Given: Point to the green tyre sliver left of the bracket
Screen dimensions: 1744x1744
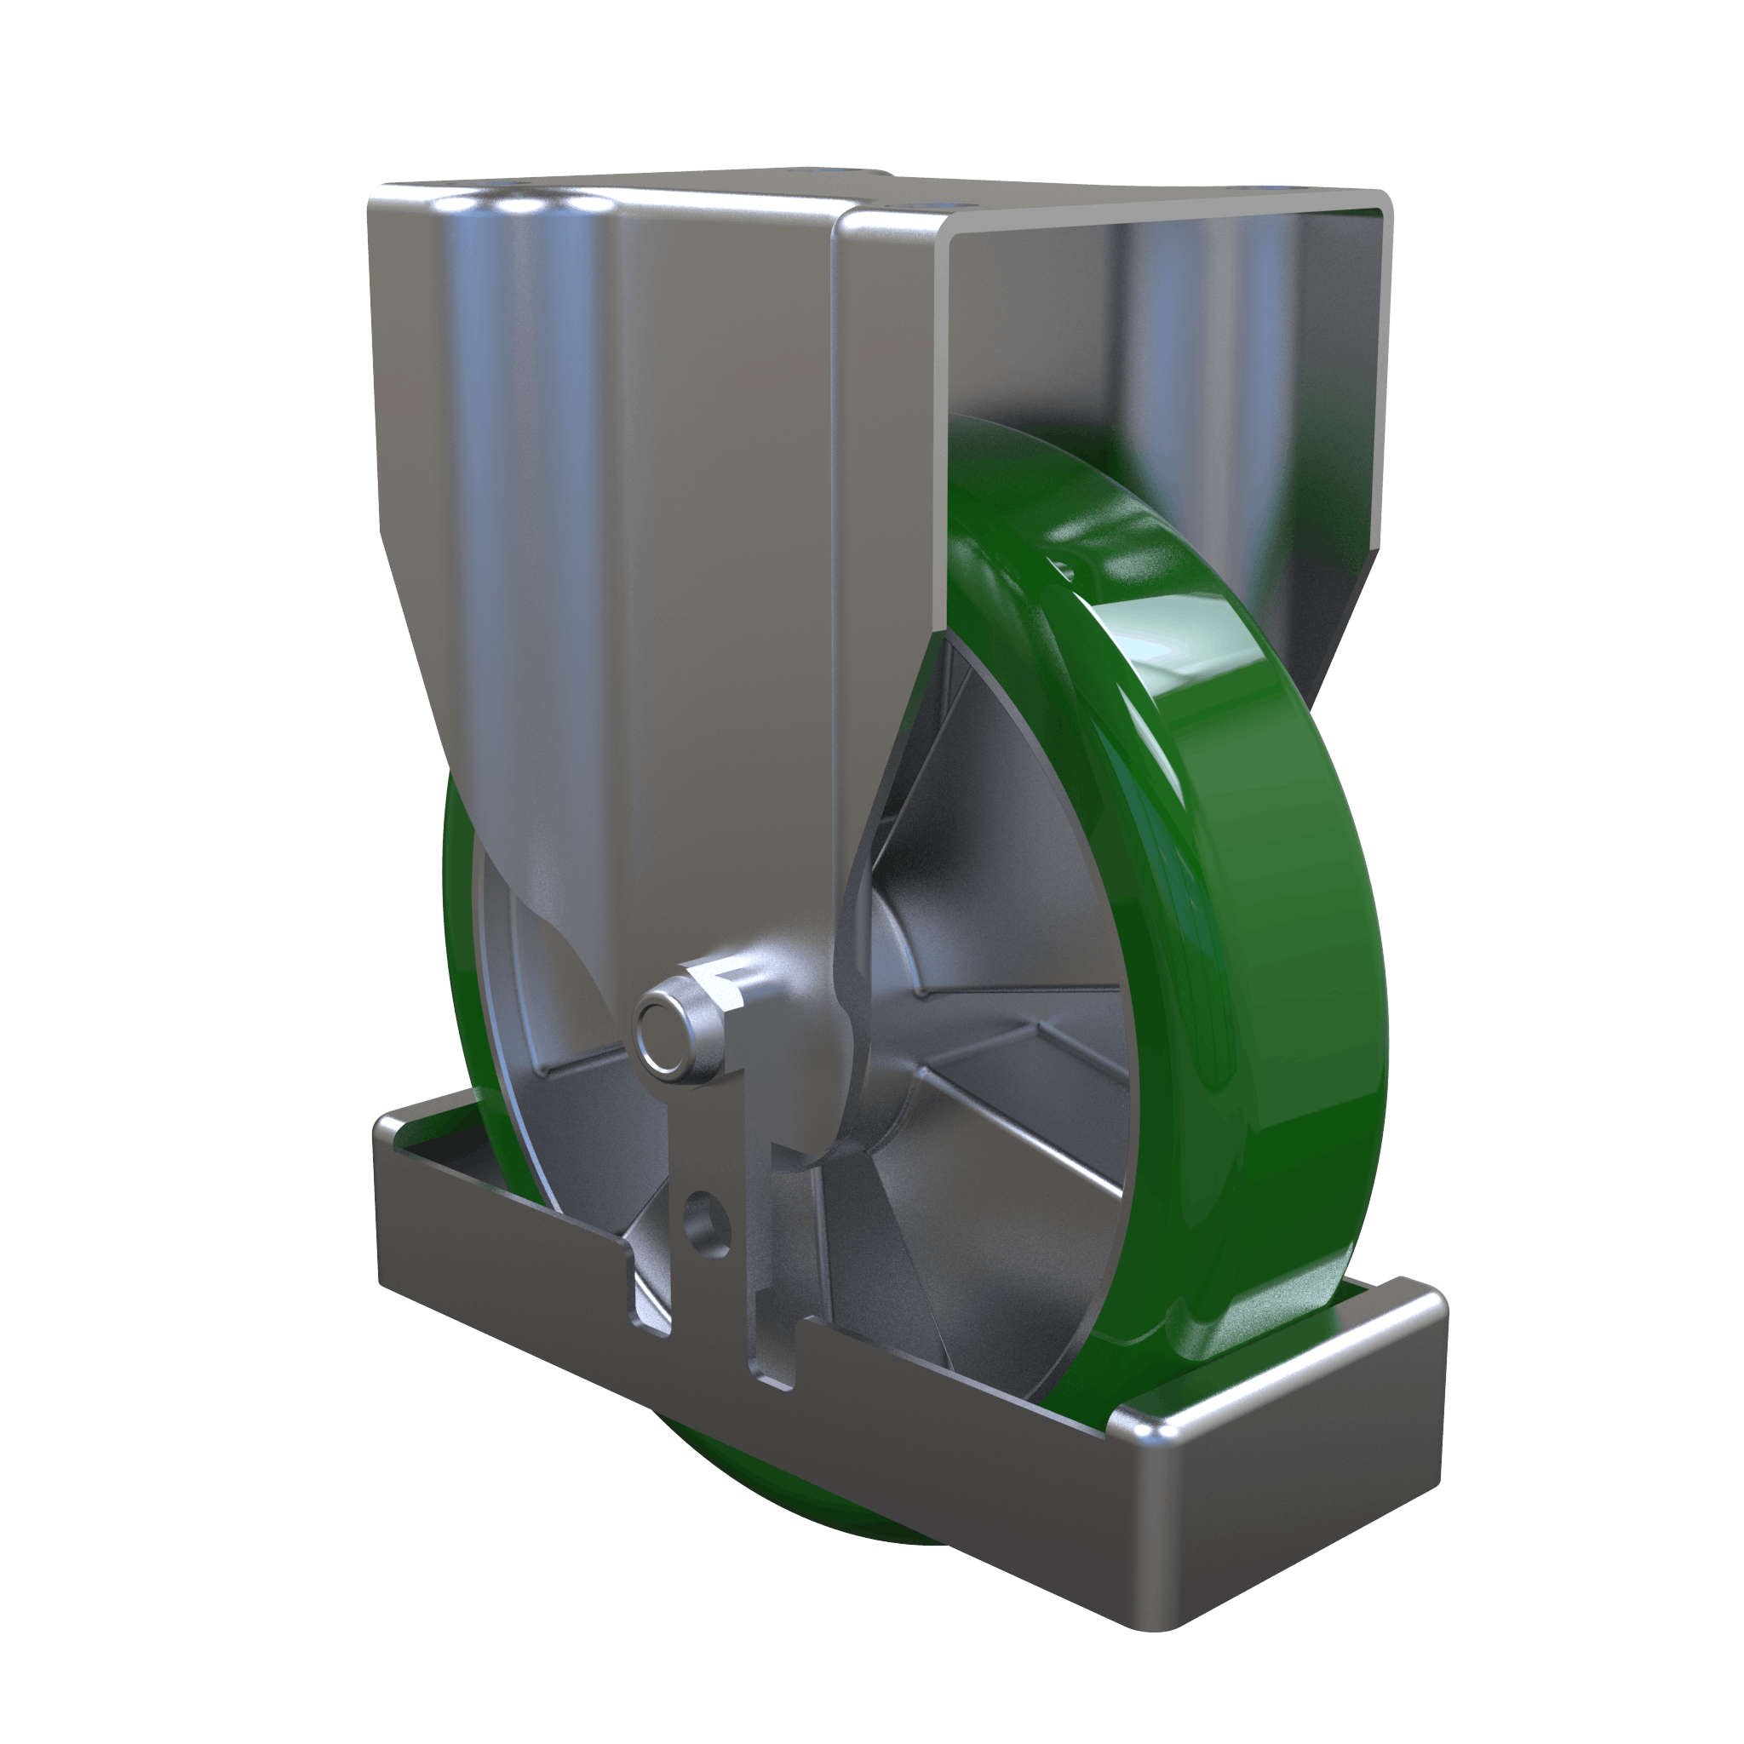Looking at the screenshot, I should click(x=456, y=903).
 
